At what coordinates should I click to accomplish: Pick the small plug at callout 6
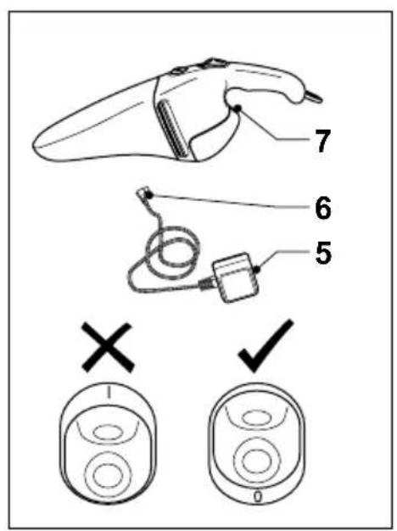point(145,196)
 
